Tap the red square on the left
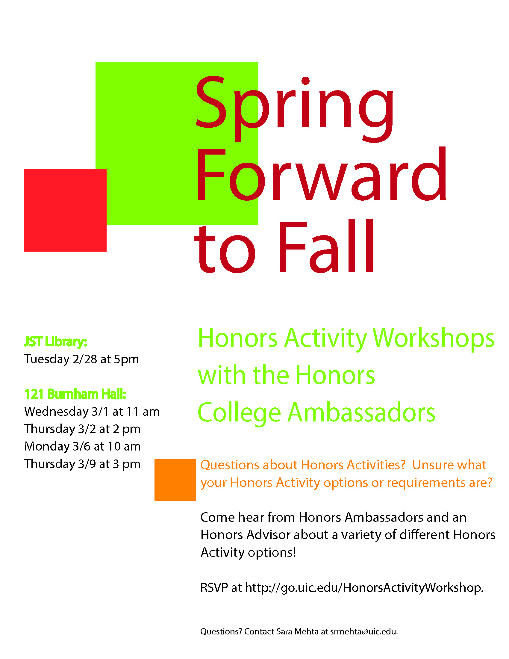[x=65, y=210]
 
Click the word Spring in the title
[x=295, y=109]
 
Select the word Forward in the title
[x=322, y=174]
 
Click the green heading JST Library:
[x=55, y=342]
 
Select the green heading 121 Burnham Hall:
[x=75, y=394]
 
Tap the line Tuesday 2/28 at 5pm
[x=81, y=359]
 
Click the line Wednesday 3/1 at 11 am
[x=92, y=412]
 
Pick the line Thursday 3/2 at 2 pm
[x=82, y=429]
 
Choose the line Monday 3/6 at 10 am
[x=82, y=446]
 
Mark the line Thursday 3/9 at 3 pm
[x=82, y=464]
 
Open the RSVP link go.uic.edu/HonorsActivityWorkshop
[x=364, y=588]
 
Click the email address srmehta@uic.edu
[x=364, y=631]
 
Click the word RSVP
[x=214, y=588]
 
